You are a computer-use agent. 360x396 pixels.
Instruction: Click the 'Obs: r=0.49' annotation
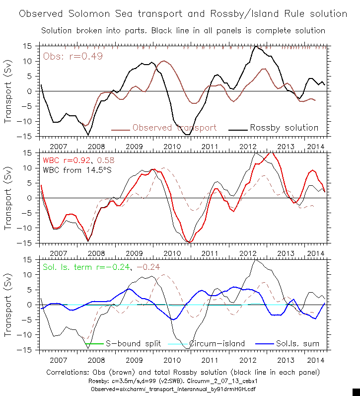pos(73,56)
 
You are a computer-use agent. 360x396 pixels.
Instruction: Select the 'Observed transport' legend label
pos(174,128)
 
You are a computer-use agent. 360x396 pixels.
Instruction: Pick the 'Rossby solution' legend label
pos(284,128)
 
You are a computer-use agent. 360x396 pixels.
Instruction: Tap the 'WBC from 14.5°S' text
pos(76,170)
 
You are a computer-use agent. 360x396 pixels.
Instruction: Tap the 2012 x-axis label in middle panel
pos(248,253)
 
